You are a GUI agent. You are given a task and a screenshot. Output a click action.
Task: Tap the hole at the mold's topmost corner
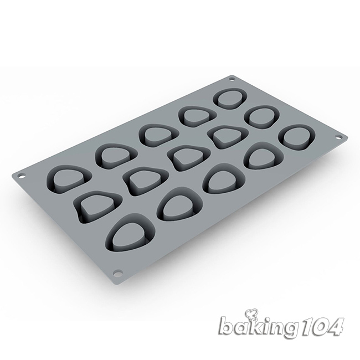click(232, 79)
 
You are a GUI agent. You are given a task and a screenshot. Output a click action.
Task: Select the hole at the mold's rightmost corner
click(338, 137)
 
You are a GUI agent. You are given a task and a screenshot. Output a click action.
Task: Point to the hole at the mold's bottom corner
click(117, 273)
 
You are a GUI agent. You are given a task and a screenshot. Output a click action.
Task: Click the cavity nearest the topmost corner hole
click(230, 99)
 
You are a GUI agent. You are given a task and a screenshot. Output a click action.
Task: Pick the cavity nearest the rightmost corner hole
click(297, 137)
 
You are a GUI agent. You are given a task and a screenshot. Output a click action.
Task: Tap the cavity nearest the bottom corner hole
click(130, 232)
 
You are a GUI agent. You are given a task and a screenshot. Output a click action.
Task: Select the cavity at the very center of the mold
click(189, 158)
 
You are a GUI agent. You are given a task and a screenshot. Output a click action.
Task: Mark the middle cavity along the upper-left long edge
click(158, 136)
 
